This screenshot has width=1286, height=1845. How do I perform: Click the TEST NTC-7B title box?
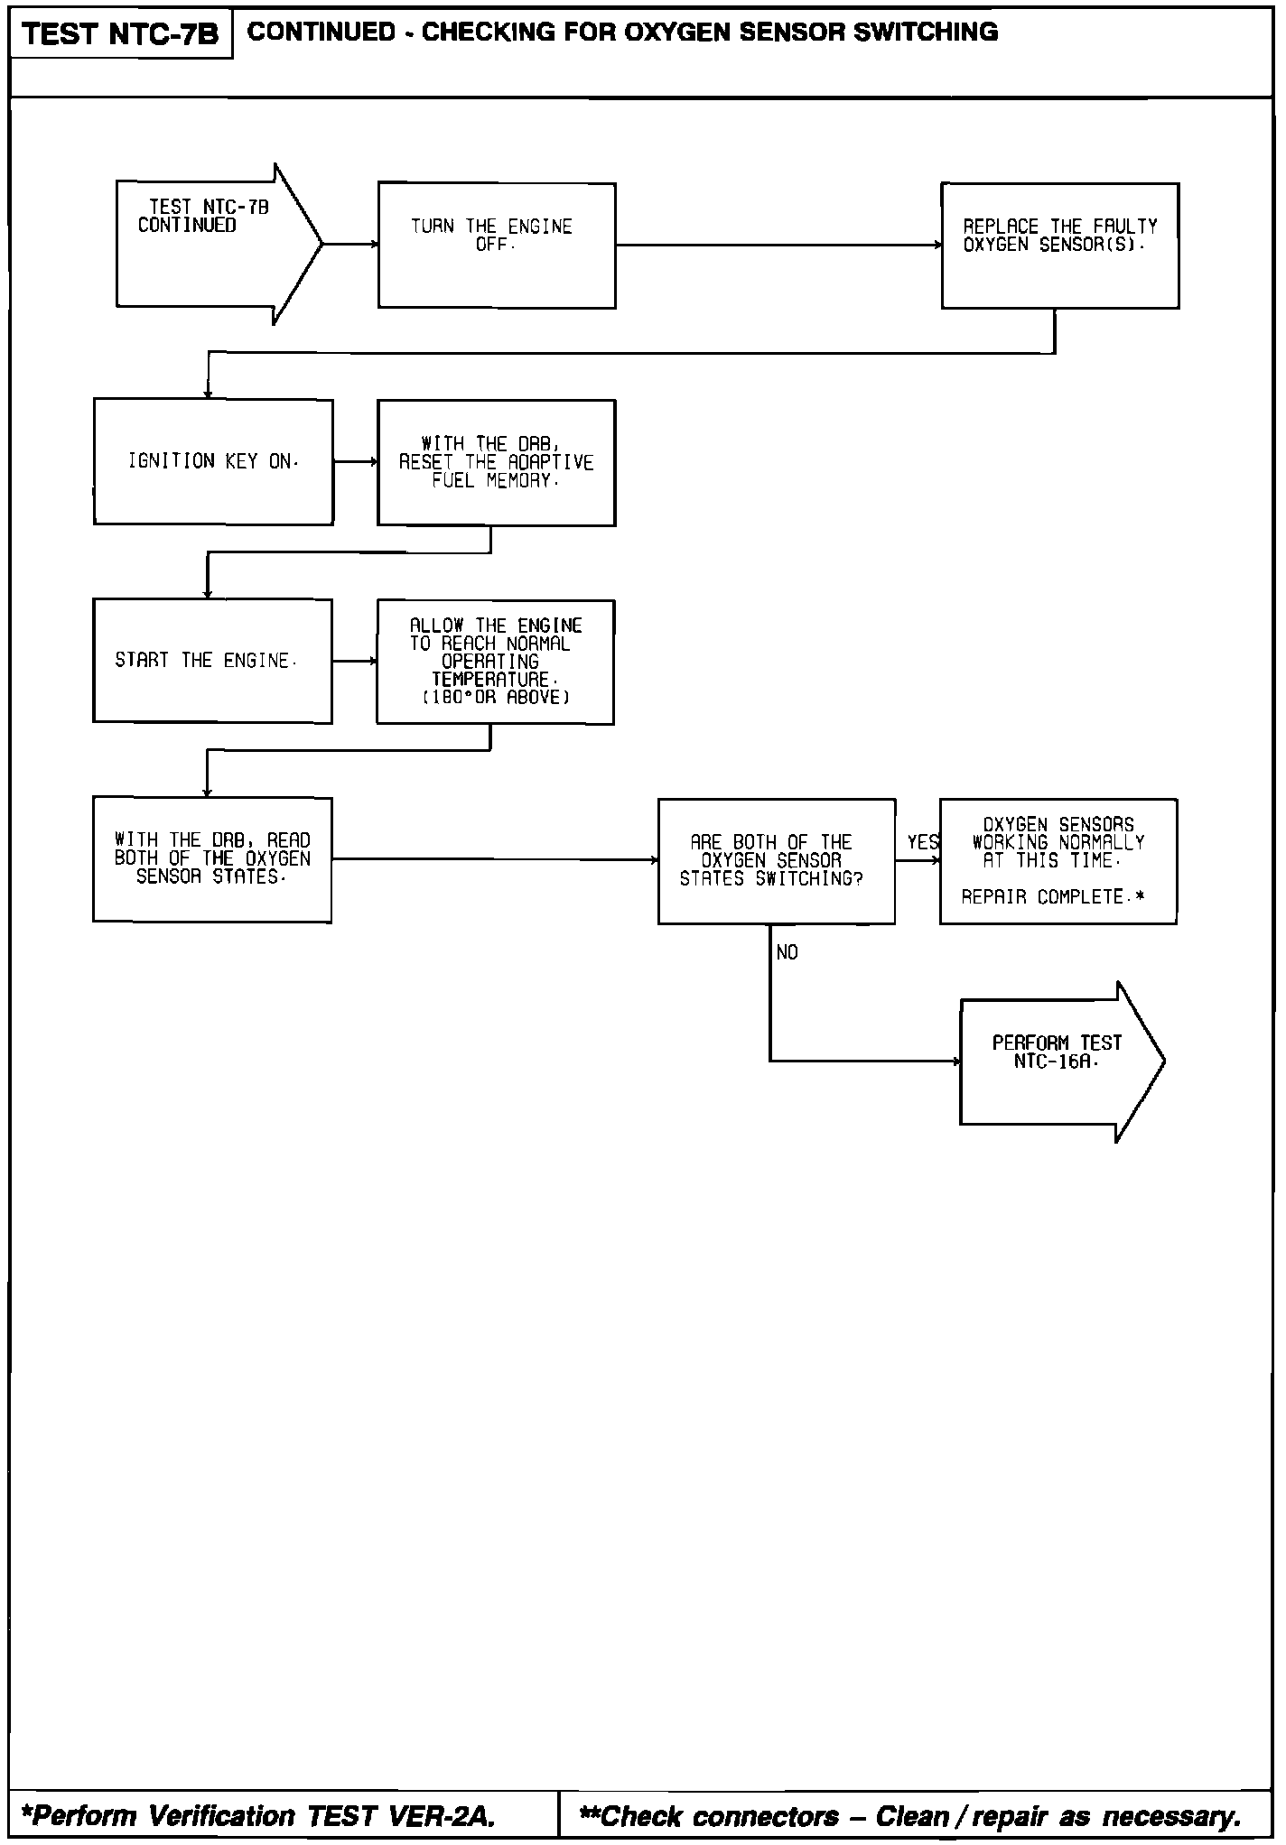(120, 34)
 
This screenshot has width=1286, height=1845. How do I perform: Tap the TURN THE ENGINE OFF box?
(497, 246)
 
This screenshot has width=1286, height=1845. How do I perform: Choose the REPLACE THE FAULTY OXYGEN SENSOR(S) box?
(1059, 246)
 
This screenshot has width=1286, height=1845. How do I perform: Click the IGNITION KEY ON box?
(213, 461)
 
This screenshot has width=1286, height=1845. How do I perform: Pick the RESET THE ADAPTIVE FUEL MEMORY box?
(497, 462)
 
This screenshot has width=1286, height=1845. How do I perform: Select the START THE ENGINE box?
(212, 661)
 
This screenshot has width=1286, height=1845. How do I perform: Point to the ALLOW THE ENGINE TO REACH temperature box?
(496, 662)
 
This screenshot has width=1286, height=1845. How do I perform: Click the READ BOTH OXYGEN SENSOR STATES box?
(212, 859)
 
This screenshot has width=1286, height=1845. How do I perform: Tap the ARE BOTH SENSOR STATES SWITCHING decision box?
(776, 861)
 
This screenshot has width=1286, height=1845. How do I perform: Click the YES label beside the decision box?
(922, 842)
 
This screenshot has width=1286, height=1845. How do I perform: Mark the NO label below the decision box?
(787, 953)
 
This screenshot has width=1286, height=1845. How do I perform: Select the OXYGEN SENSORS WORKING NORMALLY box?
(1058, 861)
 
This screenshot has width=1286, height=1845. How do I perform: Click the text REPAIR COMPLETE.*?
(1053, 897)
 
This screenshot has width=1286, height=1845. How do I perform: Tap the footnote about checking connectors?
(909, 1815)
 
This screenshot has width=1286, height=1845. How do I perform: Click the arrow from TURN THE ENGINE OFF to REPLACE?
(778, 245)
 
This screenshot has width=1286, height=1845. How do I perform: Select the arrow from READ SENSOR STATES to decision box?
(494, 859)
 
